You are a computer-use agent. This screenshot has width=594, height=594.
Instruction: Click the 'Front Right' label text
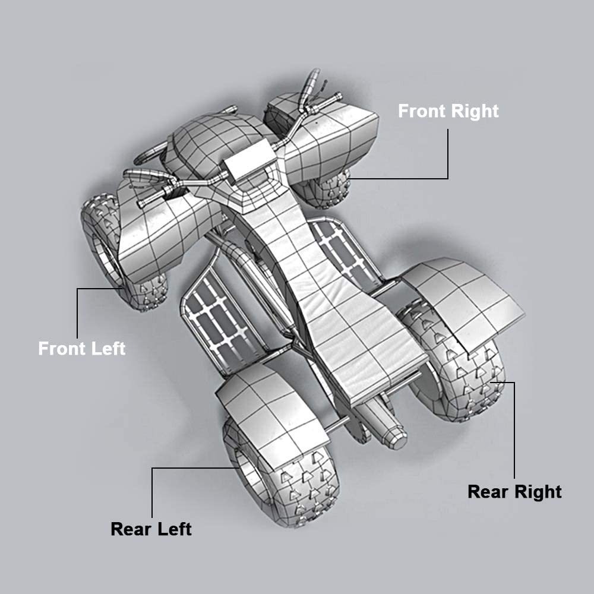pyautogui.click(x=448, y=111)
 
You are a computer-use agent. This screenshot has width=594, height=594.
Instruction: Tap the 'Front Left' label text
pyautogui.click(x=81, y=348)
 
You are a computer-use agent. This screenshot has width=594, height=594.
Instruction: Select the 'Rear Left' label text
pyautogui.click(x=151, y=528)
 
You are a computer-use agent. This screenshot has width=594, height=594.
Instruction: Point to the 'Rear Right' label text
pyautogui.click(x=514, y=492)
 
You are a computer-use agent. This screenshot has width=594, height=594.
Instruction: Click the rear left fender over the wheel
pyautogui.click(x=267, y=404)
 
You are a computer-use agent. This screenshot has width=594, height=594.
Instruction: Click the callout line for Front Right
pyautogui.click(x=447, y=160)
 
